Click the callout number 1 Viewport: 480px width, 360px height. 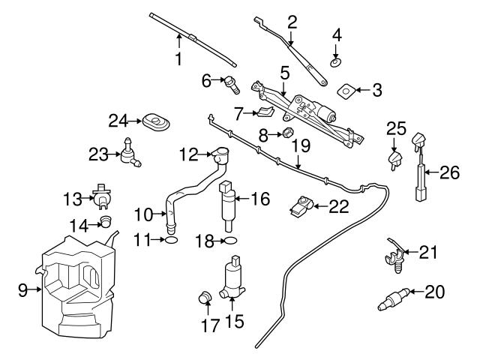[178, 58]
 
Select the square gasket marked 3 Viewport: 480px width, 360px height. [346, 91]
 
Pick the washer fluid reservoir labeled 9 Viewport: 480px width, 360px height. [75, 285]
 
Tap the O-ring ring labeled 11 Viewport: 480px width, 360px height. [171, 240]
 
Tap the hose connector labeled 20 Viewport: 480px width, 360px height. [395, 297]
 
